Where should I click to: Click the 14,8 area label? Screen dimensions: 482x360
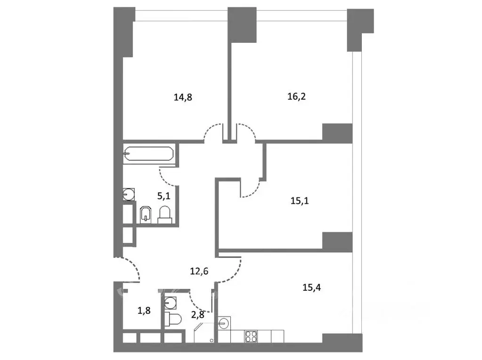click(x=183, y=98)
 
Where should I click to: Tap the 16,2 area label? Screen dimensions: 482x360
click(x=297, y=97)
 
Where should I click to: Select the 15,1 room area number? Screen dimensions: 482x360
click(x=300, y=201)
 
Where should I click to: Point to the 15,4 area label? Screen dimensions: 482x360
click(x=312, y=287)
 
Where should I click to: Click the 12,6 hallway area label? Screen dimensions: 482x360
click(x=199, y=271)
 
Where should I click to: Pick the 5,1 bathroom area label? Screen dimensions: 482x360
click(x=164, y=196)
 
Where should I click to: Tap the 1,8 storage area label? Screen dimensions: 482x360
click(x=144, y=311)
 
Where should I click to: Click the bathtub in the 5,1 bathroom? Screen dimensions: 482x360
click(x=149, y=154)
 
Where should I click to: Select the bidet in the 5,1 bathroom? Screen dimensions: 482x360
click(x=146, y=214)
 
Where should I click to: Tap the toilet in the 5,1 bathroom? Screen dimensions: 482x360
click(x=164, y=214)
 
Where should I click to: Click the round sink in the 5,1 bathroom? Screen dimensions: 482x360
click(x=129, y=194)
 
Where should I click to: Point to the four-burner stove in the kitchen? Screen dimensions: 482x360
click(x=251, y=336)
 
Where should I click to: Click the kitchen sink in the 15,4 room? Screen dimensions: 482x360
click(x=224, y=323)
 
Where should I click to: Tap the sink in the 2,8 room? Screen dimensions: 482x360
click(x=171, y=303)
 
